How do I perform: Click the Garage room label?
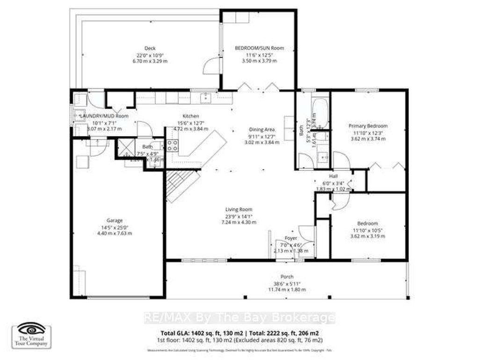[x=114, y=220]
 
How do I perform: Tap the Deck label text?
[x=150, y=48]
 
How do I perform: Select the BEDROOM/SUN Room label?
[x=259, y=48]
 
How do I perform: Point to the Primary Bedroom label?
[x=368, y=126]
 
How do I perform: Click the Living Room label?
[x=239, y=210]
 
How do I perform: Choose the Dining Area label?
[x=261, y=130]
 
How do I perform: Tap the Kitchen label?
[x=191, y=116]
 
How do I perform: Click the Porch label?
[x=287, y=277]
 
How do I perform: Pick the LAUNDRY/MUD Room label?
[x=104, y=116]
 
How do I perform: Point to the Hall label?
[x=333, y=176]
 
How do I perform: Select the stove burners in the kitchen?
[x=172, y=146]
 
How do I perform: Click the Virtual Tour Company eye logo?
[x=31, y=330]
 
